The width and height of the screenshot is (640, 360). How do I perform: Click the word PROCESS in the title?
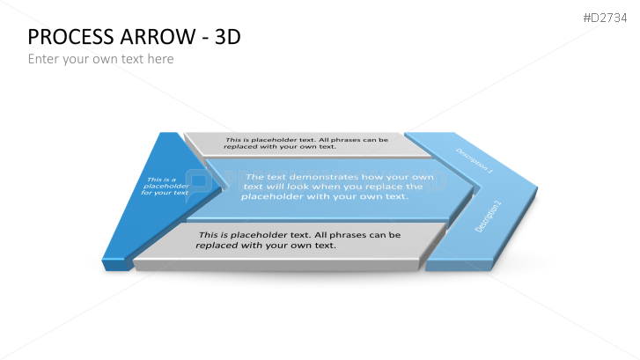[x=70, y=37]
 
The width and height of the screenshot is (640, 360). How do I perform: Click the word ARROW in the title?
[x=158, y=37]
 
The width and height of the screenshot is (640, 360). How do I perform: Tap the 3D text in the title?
[x=228, y=37]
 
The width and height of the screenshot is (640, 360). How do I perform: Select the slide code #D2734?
[x=605, y=18]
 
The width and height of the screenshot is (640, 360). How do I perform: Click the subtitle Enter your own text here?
[x=101, y=59]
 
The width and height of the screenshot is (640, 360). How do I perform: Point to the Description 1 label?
[x=474, y=160]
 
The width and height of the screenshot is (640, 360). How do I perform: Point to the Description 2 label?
[x=488, y=217]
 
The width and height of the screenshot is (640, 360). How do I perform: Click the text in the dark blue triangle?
[x=165, y=186]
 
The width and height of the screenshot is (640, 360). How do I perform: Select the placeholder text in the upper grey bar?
[x=305, y=143]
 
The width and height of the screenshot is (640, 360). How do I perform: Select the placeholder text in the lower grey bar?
[x=298, y=240]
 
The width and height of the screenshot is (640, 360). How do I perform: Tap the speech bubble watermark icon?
[x=199, y=185]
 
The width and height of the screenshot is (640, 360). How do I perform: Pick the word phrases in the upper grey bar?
[x=342, y=140]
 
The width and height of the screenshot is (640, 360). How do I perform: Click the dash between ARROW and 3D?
[x=206, y=39]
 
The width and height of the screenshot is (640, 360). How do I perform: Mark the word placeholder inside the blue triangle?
[x=166, y=186]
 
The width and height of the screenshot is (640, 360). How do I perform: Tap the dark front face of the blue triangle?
[x=114, y=265]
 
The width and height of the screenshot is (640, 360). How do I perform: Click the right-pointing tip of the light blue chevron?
[x=537, y=187]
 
